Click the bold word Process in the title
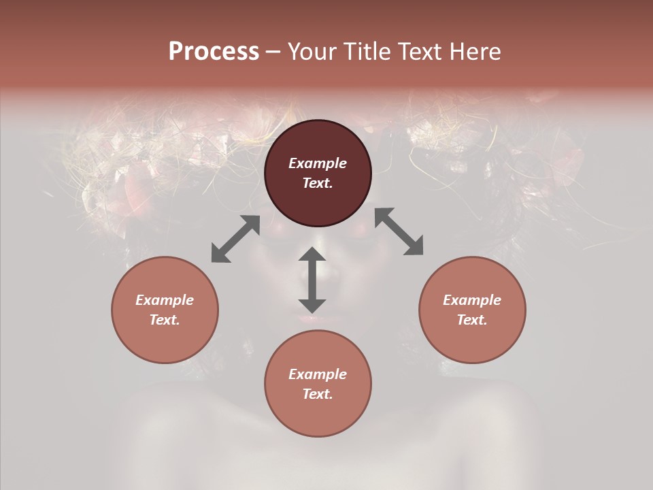(x=214, y=52)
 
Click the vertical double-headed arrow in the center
(x=312, y=280)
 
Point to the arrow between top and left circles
(x=235, y=239)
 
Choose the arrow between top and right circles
(x=399, y=231)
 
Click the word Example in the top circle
(x=318, y=163)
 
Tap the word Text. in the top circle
(x=318, y=183)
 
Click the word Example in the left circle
(x=165, y=300)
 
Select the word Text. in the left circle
(x=165, y=320)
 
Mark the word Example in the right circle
(x=472, y=300)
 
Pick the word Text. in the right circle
(x=472, y=320)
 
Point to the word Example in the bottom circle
(x=318, y=374)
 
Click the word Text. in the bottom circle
(x=318, y=394)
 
